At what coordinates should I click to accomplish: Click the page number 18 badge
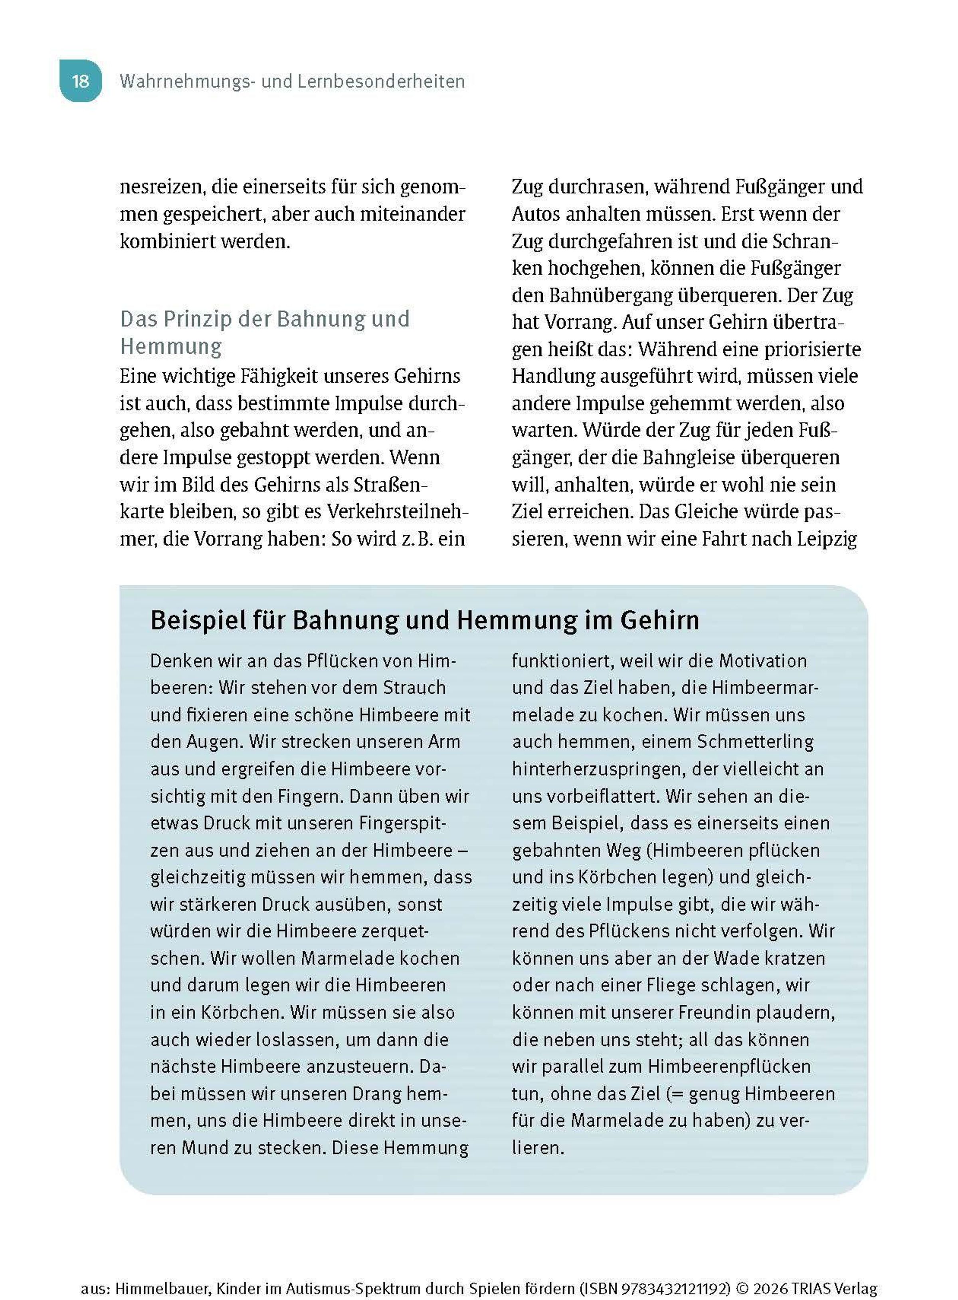click(x=81, y=81)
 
